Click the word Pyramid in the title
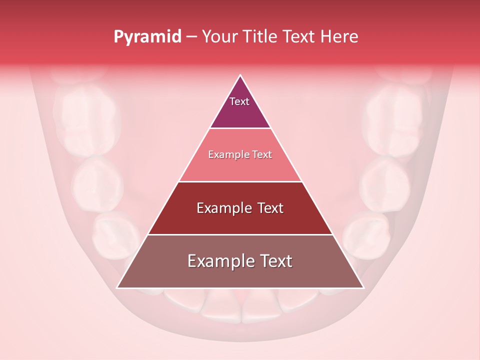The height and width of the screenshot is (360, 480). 147,36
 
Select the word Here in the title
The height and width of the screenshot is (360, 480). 339,36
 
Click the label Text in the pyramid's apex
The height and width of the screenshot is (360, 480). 239,101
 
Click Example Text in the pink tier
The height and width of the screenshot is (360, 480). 240,154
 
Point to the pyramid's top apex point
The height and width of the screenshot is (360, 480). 240,75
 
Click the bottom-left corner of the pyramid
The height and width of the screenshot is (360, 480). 117,287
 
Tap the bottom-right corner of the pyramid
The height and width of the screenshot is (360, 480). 363,287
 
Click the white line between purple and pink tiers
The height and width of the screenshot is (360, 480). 240,128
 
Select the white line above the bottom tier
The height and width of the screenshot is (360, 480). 240,234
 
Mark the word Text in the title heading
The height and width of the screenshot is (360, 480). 300,36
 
